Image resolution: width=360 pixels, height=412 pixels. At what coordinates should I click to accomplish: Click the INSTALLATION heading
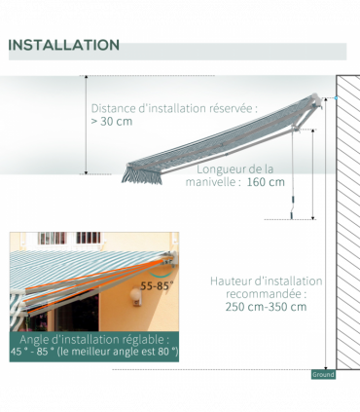pyautogui.click(x=64, y=46)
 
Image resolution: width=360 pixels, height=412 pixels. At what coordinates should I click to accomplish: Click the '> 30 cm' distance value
pyautogui.click(x=112, y=122)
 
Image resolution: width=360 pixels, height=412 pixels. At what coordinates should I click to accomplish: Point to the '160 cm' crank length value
pyautogui.click(x=266, y=182)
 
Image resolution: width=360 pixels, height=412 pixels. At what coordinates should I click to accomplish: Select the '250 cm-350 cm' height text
pyautogui.click(x=265, y=307)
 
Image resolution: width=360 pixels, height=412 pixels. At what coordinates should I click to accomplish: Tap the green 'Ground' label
pyautogui.click(x=323, y=374)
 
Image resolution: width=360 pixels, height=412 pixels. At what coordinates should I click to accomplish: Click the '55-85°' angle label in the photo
pyautogui.click(x=157, y=286)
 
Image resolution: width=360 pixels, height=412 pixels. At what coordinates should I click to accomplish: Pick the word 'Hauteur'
pyautogui.click(x=233, y=281)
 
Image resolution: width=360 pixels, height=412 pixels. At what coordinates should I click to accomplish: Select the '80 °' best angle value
pyautogui.click(x=162, y=352)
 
